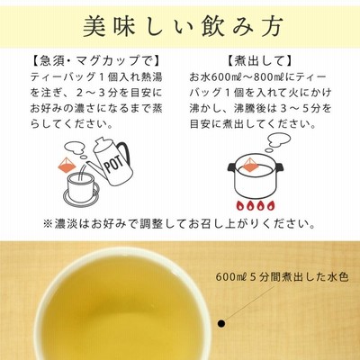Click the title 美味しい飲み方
coord(183,27)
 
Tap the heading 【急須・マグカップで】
coord(96,61)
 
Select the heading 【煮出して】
coord(259,61)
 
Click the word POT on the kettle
coord(114,165)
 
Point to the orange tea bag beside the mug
coord(67,165)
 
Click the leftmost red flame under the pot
coord(240,205)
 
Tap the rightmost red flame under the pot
coord(270,205)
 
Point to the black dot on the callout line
coord(221,323)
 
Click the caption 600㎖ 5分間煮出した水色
coord(282,276)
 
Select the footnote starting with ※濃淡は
coord(179,224)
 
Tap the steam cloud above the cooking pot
coord(277,142)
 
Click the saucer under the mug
coord(81,196)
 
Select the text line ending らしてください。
coord(72,123)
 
